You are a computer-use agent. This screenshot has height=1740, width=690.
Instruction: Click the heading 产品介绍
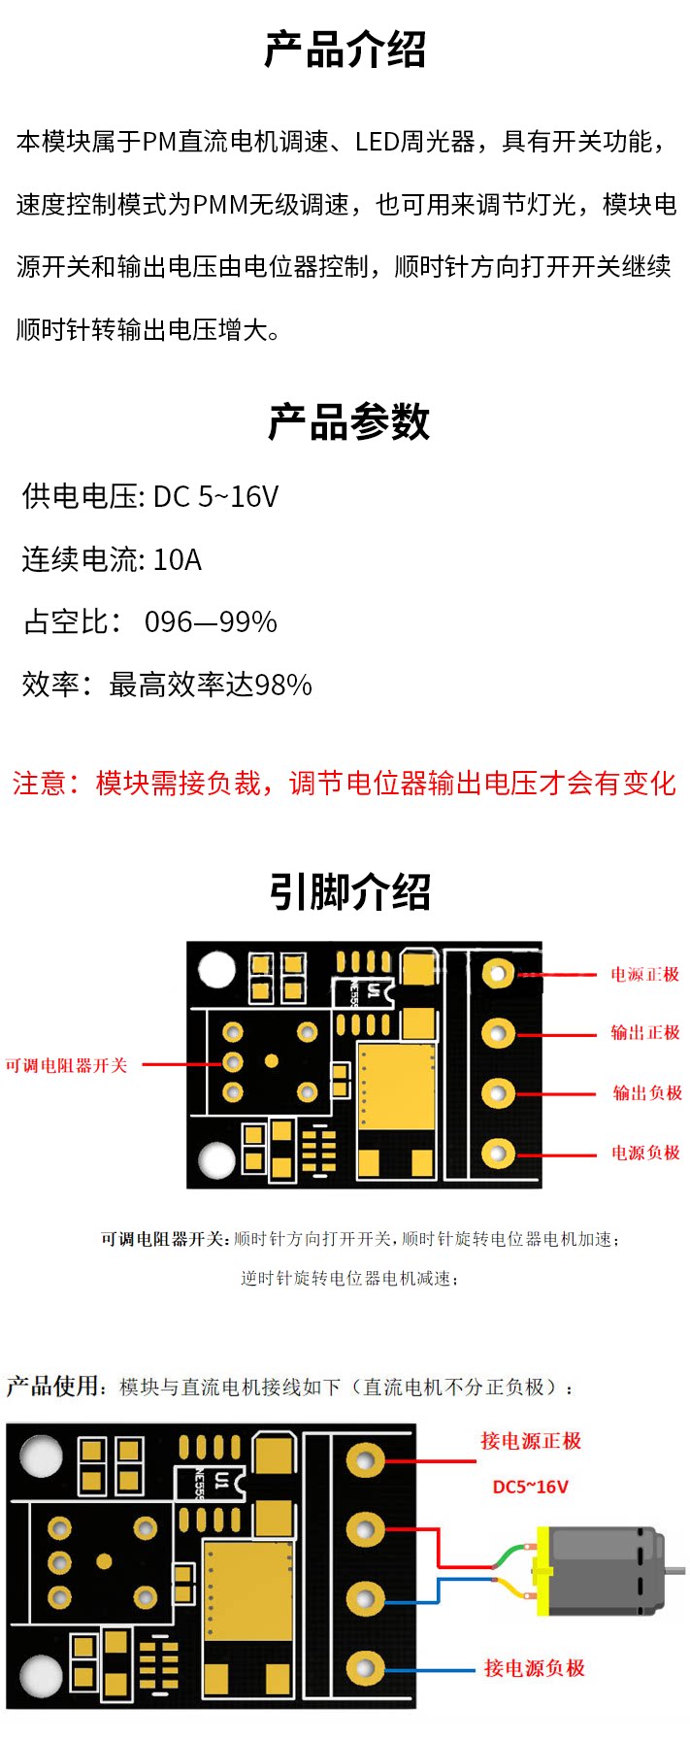[x=345, y=50]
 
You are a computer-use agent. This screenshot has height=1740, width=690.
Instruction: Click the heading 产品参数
[x=348, y=422]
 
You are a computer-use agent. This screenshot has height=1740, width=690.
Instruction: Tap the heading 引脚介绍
[x=349, y=891]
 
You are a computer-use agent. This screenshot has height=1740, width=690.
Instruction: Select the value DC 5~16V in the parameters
[x=215, y=497]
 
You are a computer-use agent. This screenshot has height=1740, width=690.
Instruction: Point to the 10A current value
[x=178, y=560]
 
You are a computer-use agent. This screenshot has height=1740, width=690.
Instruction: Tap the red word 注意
[x=38, y=784]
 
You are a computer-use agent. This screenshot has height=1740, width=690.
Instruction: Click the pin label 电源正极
[x=644, y=975]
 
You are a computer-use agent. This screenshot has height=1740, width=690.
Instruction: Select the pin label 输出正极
[x=644, y=1033]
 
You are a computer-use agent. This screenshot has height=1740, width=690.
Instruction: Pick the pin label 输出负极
[x=646, y=1093]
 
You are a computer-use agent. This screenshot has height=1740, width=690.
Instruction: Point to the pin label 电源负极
[x=645, y=1154]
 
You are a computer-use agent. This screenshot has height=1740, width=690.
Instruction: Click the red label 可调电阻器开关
[x=66, y=1066]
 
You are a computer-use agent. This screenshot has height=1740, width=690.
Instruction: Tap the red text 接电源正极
[x=531, y=1442]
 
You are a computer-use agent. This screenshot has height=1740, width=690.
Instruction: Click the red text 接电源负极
[x=535, y=1668]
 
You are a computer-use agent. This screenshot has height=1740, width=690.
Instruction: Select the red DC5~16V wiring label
[x=530, y=1488]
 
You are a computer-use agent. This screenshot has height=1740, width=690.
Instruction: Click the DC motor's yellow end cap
[x=542, y=1571]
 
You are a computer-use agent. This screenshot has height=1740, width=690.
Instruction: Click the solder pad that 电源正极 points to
[x=499, y=974]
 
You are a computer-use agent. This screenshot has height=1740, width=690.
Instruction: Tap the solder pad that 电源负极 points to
[x=498, y=1154]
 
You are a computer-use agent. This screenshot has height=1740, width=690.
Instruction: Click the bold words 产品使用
[x=52, y=1387]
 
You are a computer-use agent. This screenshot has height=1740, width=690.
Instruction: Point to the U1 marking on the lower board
[x=221, y=1481]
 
